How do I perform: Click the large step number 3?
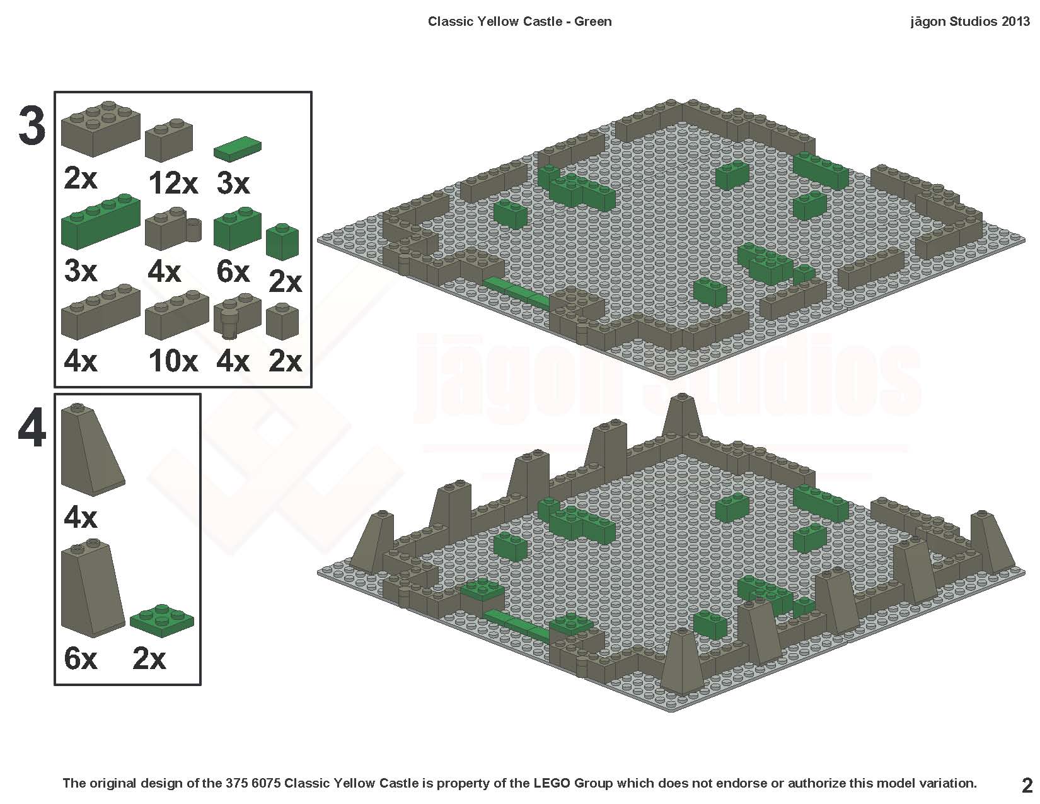32,127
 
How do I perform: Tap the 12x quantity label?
173,184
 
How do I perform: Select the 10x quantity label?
173,361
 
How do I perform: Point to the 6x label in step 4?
81,659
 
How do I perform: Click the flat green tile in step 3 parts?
237,148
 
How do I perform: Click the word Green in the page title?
592,21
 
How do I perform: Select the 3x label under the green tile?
233,184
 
